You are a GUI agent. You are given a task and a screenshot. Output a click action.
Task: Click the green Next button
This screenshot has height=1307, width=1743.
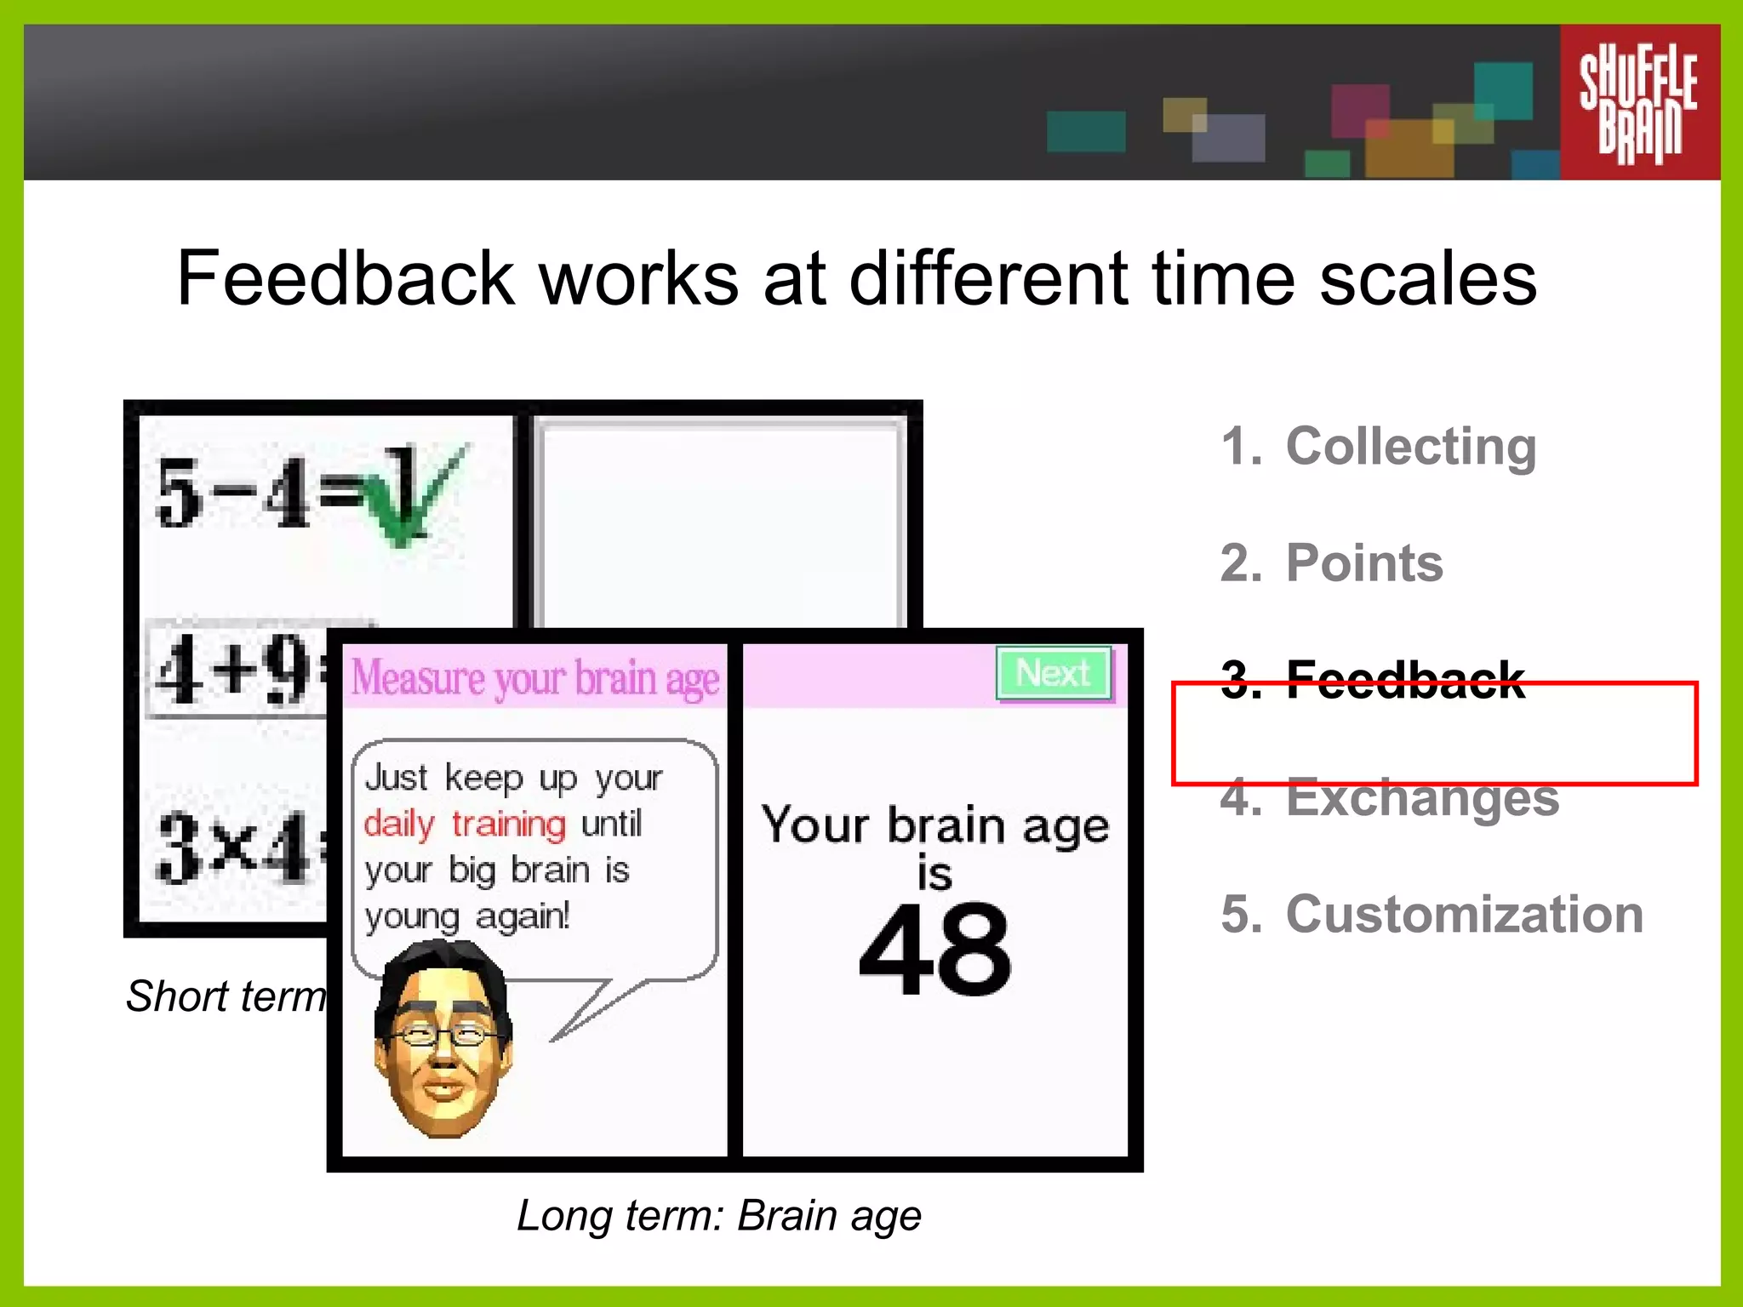[1054, 674]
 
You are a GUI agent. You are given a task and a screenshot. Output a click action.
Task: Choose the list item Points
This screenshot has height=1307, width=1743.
[1363, 563]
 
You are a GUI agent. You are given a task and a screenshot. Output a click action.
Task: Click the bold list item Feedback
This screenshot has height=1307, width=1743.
[1404, 680]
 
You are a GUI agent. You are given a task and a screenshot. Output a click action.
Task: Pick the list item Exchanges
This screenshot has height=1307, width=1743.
[1421, 798]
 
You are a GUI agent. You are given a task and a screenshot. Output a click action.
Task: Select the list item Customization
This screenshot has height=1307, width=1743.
[1463, 915]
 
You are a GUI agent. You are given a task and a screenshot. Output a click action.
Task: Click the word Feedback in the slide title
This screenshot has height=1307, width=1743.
[346, 278]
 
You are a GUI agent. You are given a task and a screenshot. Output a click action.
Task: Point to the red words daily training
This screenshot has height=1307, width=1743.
[465, 824]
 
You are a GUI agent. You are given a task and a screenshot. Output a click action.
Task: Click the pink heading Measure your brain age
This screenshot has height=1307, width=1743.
[535, 678]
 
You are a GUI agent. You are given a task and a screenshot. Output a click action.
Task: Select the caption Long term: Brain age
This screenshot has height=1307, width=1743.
[719, 1215]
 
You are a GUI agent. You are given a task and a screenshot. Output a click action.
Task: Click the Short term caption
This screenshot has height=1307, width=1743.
[226, 996]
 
